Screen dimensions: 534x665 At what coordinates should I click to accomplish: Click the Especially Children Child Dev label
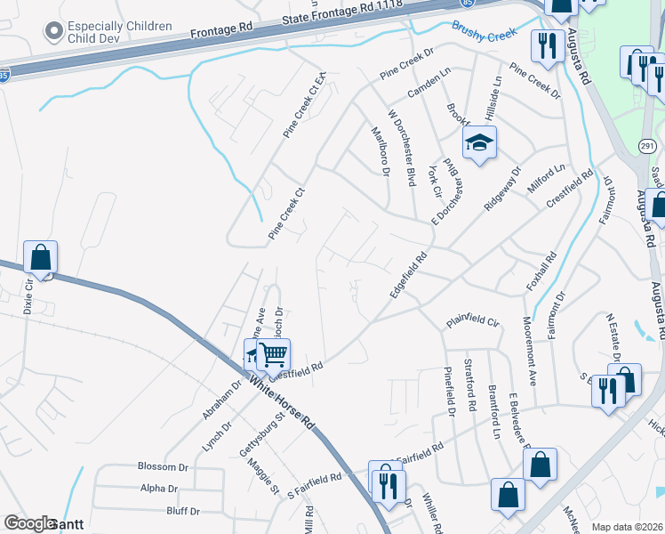(x=119, y=32)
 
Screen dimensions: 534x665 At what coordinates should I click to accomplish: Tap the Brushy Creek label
(x=483, y=31)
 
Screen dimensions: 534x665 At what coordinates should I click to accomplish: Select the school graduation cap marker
(x=479, y=143)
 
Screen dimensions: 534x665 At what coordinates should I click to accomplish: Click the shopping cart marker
(x=274, y=355)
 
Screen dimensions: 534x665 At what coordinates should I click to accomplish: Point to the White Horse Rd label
(x=283, y=401)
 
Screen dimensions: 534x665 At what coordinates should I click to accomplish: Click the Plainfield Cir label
(x=475, y=320)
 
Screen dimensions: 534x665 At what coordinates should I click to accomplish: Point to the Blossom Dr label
(x=164, y=466)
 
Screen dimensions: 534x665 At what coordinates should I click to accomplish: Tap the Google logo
(x=29, y=523)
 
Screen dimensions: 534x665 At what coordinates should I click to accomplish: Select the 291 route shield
(x=646, y=144)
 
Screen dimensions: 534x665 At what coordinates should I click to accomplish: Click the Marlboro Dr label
(x=380, y=152)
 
